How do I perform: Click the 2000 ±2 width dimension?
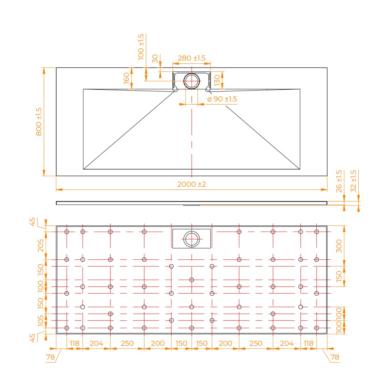pyautogui.click(x=192, y=184)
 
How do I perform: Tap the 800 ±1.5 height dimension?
pyautogui.click(x=39, y=121)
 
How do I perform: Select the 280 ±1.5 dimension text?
pyautogui.click(x=192, y=58)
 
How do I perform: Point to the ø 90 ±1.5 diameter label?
pyautogui.click(x=222, y=99)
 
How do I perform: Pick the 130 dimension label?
pyautogui.click(x=217, y=80)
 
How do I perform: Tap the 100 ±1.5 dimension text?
pyautogui.click(x=141, y=47)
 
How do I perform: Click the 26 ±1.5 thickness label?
pyautogui.click(x=339, y=181)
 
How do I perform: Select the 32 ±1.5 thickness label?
pyautogui.click(x=353, y=181)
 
